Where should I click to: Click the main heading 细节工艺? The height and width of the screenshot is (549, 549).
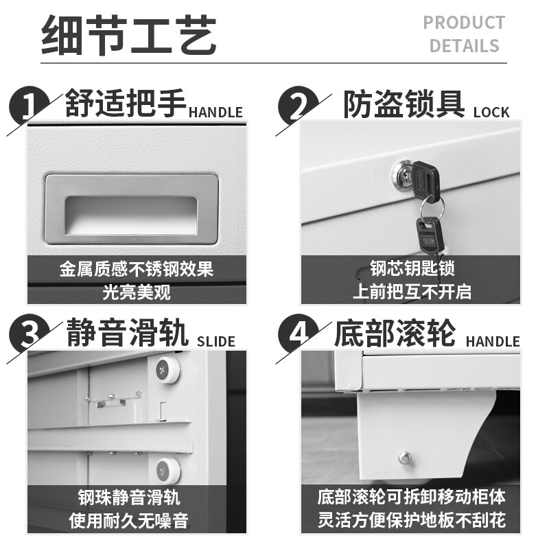(x=129, y=35)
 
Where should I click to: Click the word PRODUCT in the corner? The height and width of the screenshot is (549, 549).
(x=464, y=23)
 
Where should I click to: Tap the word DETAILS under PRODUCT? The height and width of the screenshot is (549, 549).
(x=464, y=46)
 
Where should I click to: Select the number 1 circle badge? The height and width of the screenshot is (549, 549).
(x=30, y=105)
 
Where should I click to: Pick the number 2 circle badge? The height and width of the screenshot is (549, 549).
(x=299, y=105)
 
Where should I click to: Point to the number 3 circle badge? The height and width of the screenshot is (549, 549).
(x=30, y=334)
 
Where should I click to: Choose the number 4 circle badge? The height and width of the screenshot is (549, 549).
(x=299, y=334)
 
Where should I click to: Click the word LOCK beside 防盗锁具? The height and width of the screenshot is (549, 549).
(x=491, y=113)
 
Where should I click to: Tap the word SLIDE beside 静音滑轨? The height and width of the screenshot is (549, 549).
(x=216, y=341)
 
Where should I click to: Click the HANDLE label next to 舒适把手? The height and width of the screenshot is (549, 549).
(x=215, y=113)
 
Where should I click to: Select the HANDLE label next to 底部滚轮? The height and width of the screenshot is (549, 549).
(x=493, y=341)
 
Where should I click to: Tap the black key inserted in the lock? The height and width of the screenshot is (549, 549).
(x=425, y=181)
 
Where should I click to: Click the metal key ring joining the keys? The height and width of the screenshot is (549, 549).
(x=432, y=208)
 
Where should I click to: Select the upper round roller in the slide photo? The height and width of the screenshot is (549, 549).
(x=167, y=369)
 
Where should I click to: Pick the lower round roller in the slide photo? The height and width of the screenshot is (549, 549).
(x=168, y=470)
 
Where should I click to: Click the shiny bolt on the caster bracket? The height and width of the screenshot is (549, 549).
(x=405, y=458)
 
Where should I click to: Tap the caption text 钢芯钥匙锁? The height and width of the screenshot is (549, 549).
(x=412, y=268)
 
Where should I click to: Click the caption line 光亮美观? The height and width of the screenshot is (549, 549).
(x=137, y=292)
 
